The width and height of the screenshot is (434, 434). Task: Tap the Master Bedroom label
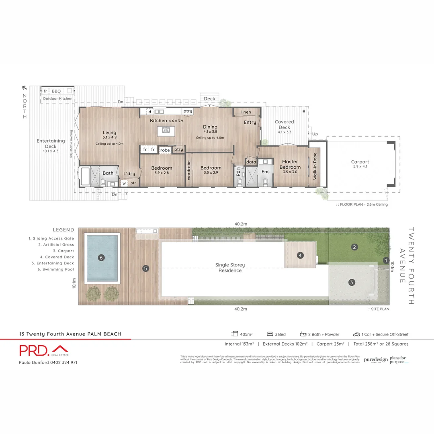click(x=290, y=164)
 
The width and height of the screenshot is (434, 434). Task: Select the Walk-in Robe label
click(x=315, y=166)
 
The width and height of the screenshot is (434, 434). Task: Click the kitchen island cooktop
click(x=166, y=130)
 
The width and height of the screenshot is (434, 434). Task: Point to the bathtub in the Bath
click(x=86, y=177)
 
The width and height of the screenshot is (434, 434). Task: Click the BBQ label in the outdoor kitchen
click(x=56, y=91)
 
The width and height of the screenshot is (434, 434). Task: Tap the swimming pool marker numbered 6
click(x=102, y=258)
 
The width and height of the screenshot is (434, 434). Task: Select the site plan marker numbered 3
click(x=352, y=283)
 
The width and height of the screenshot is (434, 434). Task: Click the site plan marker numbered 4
click(x=299, y=255)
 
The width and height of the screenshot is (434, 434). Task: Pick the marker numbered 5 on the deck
click(x=146, y=268)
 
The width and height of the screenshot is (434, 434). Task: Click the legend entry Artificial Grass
click(x=56, y=244)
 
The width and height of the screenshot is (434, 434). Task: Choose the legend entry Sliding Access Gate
click(x=51, y=238)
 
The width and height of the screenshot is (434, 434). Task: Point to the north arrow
click(x=25, y=88)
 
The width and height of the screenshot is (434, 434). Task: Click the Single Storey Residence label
click(x=230, y=268)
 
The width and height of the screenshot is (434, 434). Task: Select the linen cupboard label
click(x=246, y=112)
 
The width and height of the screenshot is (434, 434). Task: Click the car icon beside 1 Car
click(x=356, y=334)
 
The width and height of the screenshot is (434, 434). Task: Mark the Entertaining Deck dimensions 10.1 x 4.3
click(x=51, y=151)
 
